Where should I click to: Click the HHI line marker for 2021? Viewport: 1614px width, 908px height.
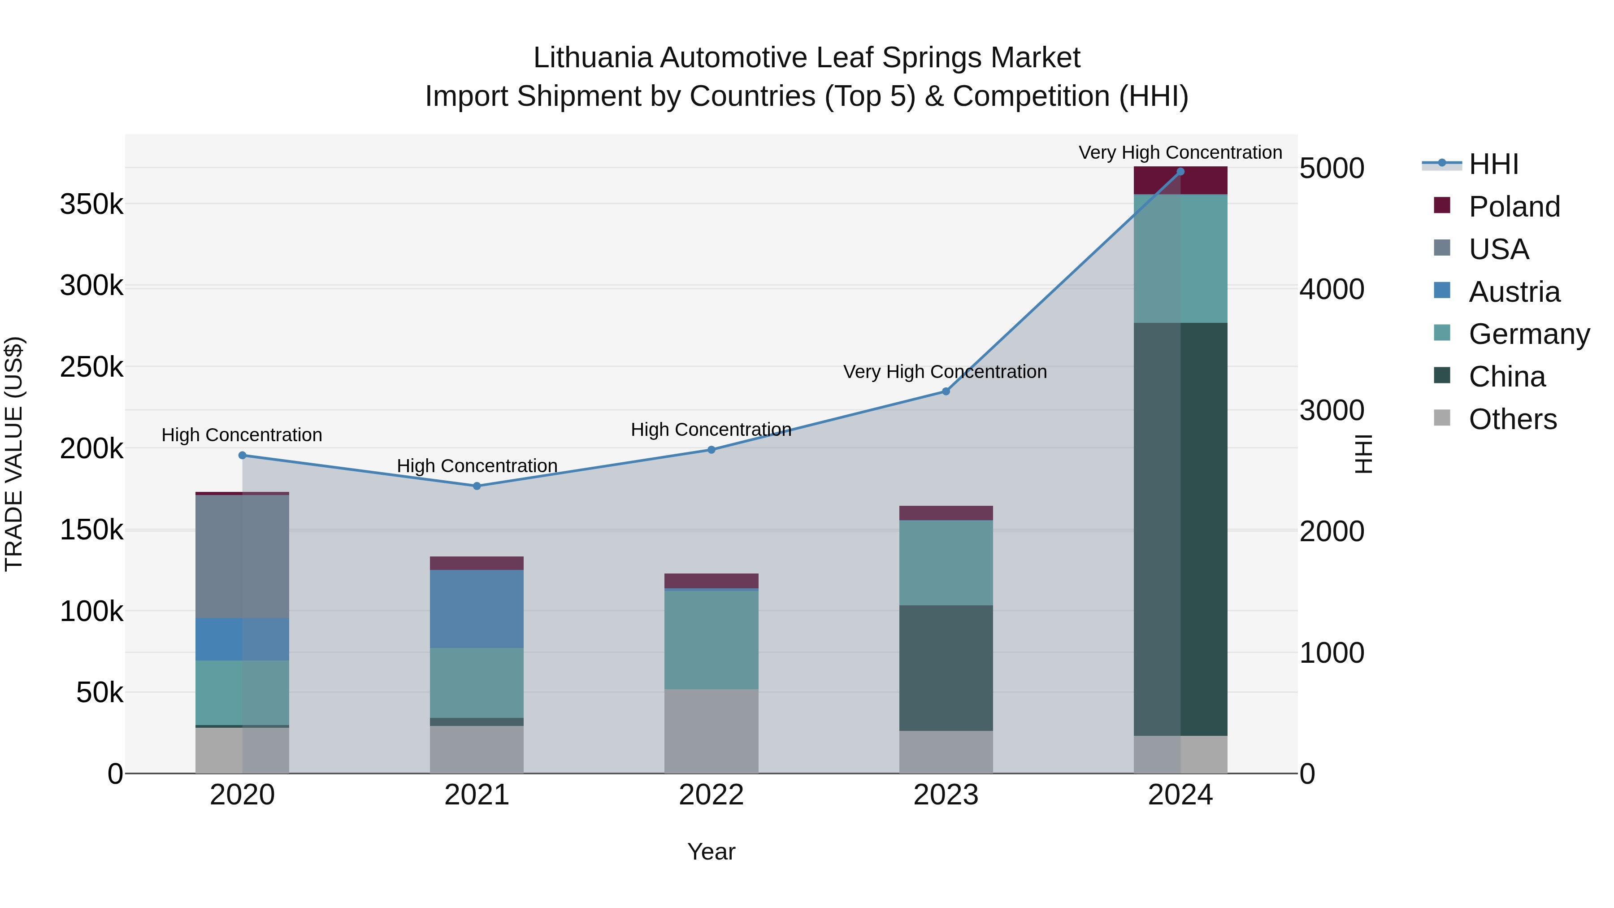(477, 486)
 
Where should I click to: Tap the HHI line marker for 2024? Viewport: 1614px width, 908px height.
(1180, 171)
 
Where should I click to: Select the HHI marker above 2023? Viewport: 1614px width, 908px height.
(946, 391)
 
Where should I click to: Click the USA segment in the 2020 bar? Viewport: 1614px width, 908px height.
(243, 556)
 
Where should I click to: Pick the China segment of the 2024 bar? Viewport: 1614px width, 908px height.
(1180, 530)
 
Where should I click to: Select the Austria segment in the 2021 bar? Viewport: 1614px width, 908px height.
(477, 608)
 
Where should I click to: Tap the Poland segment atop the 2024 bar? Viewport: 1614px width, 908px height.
(1180, 180)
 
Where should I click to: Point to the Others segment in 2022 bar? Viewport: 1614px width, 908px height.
(711, 731)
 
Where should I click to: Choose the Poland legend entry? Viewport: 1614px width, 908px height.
(1513, 207)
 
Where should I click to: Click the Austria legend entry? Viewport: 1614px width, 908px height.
(1513, 292)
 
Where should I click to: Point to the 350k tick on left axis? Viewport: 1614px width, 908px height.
(91, 204)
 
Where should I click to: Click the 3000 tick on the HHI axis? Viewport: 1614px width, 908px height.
(1332, 410)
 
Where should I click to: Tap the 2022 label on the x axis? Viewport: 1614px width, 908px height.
(711, 795)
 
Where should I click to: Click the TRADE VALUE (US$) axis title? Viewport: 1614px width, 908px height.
(14, 454)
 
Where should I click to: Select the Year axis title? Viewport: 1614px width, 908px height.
(711, 852)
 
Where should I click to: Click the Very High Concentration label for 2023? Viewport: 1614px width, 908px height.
(945, 372)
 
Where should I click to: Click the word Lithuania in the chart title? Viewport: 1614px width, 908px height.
(593, 58)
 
